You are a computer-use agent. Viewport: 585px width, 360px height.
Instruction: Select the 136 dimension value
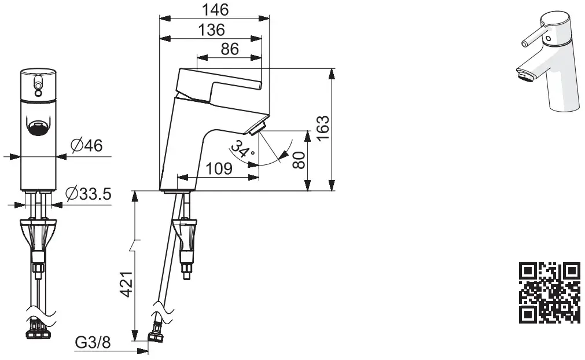click(x=211, y=30)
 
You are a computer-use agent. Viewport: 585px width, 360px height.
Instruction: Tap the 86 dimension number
click(x=230, y=49)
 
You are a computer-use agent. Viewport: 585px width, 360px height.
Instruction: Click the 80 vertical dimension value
click(x=299, y=160)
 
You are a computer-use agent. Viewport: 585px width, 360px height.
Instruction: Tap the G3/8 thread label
click(x=93, y=343)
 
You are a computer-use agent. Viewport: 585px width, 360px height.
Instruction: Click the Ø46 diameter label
click(x=87, y=146)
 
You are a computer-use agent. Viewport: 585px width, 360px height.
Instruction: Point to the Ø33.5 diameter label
click(x=88, y=194)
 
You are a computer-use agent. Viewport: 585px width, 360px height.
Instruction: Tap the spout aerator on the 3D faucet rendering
click(x=524, y=74)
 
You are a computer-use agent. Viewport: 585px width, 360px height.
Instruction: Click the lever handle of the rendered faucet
click(x=535, y=36)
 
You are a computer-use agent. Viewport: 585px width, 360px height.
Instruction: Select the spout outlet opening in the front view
click(x=38, y=127)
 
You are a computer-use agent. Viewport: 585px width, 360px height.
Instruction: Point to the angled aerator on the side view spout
click(x=257, y=126)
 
